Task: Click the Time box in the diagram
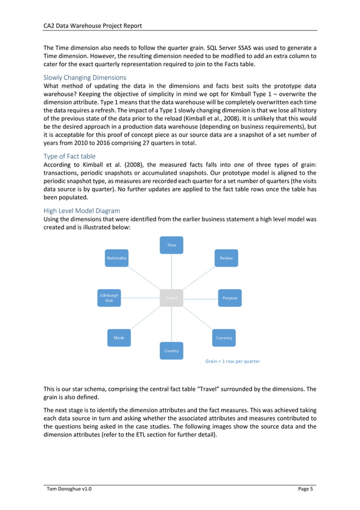tap(172, 245)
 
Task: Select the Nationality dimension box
tap(117, 258)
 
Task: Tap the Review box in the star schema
tap(226, 258)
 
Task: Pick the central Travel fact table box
tap(172, 298)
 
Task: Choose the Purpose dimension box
tap(230, 298)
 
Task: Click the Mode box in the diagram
tap(119, 338)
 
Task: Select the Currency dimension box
tap(224, 338)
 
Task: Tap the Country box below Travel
tap(172, 351)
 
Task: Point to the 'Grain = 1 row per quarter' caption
tap(232, 361)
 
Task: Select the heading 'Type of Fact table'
tap(69, 156)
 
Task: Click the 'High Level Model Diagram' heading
tap(82, 211)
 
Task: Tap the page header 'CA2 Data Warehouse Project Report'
tap(93, 25)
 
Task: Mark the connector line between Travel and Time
tap(172, 271)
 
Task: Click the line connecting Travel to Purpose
tap(200, 298)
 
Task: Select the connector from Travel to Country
tap(172, 324)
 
